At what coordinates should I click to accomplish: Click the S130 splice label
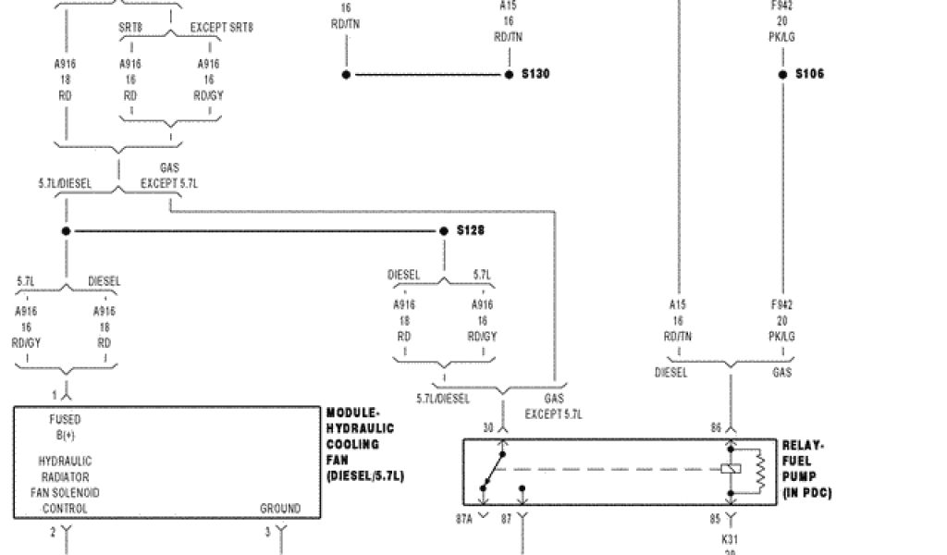pos(535,74)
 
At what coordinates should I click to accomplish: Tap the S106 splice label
pos(809,74)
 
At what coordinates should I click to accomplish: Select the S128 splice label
pos(471,230)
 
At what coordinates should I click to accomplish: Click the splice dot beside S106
pos(783,74)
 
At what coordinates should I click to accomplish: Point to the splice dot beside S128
pos(445,230)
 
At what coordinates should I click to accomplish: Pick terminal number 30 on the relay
pos(488,426)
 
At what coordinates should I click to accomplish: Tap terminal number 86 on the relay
pos(716,426)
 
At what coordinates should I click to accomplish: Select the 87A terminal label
pos(463,519)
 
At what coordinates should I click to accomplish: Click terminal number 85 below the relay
pos(716,519)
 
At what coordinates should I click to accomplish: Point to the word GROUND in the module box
pos(279,508)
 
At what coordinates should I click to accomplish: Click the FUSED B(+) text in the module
pos(65,426)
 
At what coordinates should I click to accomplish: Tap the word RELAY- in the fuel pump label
pos(803,445)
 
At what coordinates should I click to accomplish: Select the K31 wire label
pos(730,537)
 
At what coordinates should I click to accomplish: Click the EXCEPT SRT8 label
pos(221,28)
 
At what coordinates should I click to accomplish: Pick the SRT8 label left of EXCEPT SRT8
pos(130,28)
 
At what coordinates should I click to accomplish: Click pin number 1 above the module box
pos(54,394)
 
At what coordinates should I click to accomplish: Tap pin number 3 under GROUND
pos(267,531)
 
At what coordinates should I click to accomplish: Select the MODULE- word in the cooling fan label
pos(352,413)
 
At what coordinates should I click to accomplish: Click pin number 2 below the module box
pos(53,531)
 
